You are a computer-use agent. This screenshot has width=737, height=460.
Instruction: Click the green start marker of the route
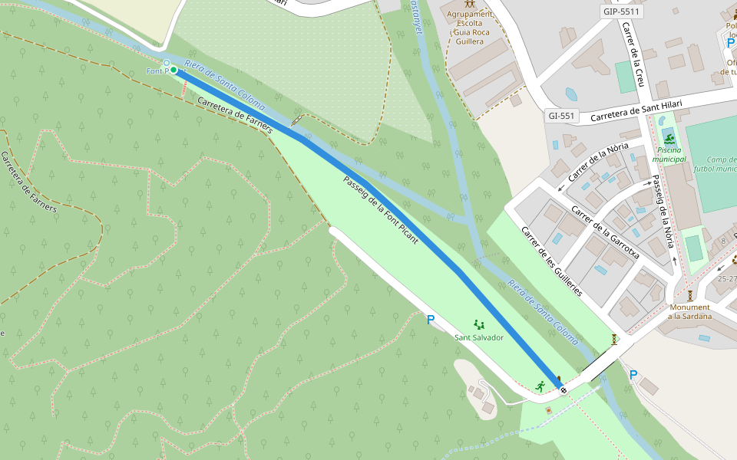click(174, 70)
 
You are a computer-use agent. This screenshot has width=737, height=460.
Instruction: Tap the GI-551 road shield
click(561, 116)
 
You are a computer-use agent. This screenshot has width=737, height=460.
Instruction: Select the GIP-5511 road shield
click(621, 12)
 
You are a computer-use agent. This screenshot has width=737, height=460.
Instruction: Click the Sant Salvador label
click(478, 337)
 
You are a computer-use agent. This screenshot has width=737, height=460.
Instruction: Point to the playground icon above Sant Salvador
click(479, 324)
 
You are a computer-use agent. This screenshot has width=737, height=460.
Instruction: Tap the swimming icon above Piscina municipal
click(669, 139)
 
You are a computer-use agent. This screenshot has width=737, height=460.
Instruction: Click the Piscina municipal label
click(669, 154)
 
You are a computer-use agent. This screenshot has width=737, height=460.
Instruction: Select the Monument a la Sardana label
click(689, 311)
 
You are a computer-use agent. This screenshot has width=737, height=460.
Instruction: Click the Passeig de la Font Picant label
click(381, 209)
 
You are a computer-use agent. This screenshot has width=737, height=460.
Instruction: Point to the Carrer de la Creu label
click(635, 54)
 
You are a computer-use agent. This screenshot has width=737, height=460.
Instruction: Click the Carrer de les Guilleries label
click(551, 261)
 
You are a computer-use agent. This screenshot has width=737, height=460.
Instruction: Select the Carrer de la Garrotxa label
click(605, 231)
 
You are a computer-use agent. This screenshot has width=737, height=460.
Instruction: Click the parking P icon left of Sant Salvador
click(431, 320)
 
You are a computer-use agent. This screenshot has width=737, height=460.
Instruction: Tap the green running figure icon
click(541, 386)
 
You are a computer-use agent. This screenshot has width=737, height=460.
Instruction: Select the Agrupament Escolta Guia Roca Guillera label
click(469, 28)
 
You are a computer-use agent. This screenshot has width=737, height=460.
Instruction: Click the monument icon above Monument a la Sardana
click(690, 295)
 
